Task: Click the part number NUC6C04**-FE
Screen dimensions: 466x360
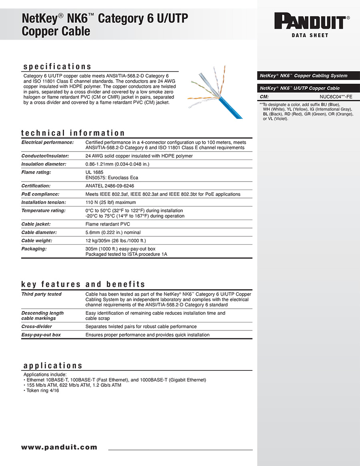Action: pyautogui.click(x=336, y=96)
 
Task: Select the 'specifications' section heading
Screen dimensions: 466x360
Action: pyautogui.click(x=57, y=66)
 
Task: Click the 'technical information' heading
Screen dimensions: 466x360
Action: pyautogui.click(x=73, y=133)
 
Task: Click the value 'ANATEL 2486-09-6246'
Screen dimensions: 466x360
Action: pyautogui.click(x=110, y=186)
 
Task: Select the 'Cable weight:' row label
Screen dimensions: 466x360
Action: pyautogui.click(x=37, y=241)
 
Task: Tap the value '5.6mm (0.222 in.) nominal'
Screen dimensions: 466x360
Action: pyautogui.click(x=113, y=232)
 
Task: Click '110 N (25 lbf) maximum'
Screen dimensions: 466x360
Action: pyautogui.click(x=111, y=202)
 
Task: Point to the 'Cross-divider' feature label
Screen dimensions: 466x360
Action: pyautogui.click(x=36, y=326)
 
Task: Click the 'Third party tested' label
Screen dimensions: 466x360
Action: pyautogui.click(x=41, y=294)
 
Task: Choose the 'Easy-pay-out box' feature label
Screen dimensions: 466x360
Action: pyautogui.click(x=41, y=335)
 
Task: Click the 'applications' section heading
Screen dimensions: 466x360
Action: pyautogui.click(x=53, y=366)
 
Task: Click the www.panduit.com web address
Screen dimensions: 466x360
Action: pyautogui.click(x=59, y=447)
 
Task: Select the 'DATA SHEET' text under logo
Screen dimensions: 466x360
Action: pyautogui.click(x=310, y=36)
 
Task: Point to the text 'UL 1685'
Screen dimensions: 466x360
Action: pyautogui.click(x=94, y=172)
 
